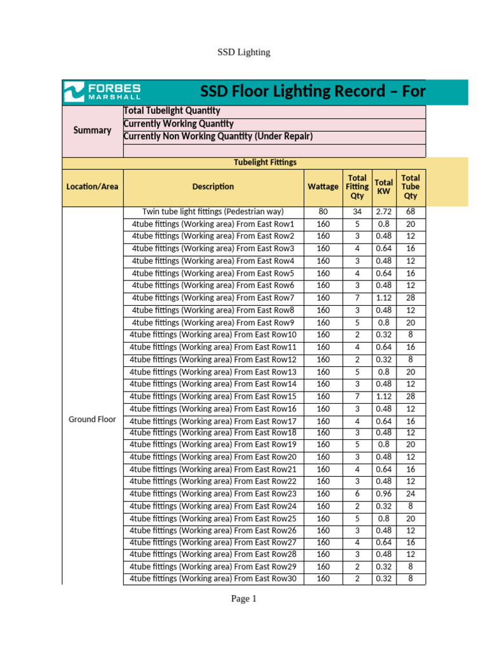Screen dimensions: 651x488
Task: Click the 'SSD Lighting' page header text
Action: pos(244,52)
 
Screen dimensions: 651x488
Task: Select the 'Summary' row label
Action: pos(92,130)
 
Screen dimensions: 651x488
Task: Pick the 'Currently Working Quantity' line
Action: pos(179,124)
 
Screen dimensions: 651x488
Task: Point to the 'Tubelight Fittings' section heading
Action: pos(265,163)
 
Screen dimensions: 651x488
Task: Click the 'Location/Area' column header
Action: pos(92,187)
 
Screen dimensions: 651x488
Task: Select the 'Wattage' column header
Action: pos(323,187)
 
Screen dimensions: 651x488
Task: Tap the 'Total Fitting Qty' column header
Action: pos(357,187)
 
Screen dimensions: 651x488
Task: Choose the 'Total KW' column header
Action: pos(383,187)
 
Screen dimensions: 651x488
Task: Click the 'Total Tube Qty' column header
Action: pos(410,187)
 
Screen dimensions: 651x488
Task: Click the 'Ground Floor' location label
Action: pos(92,420)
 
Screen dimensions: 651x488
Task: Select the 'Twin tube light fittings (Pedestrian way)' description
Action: pos(213,212)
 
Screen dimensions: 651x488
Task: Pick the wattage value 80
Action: pos(323,212)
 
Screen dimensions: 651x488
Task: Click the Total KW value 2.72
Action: pos(383,212)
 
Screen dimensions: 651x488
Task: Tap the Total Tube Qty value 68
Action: pos(410,212)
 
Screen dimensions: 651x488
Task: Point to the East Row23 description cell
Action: pos(213,494)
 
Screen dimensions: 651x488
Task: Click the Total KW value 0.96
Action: pos(383,494)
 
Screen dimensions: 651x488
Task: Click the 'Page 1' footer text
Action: pos(244,599)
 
